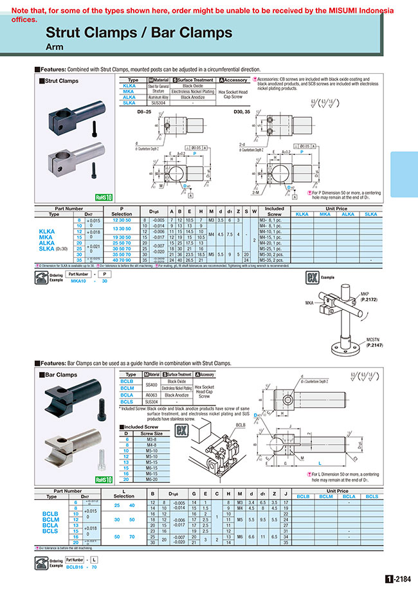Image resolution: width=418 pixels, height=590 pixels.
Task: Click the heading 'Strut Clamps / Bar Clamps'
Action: click(x=139, y=33)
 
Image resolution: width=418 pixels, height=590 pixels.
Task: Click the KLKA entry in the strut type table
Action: click(x=129, y=85)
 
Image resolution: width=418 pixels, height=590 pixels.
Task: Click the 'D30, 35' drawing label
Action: click(x=257, y=111)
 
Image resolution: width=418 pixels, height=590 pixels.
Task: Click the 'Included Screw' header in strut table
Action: click(x=275, y=211)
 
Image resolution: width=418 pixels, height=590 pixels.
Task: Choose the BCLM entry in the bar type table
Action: click(x=127, y=388)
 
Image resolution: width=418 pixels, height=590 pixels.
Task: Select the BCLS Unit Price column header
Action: click(x=372, y=497)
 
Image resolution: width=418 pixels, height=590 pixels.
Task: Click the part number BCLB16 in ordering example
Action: click(x=74, y=568)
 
